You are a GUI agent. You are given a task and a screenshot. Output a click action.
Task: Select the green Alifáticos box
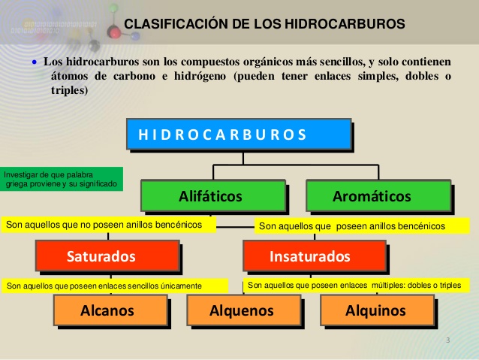point(212,197)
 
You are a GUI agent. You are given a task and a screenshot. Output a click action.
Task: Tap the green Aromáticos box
point(377,197)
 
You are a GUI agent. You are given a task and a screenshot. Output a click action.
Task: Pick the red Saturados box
point(107,256)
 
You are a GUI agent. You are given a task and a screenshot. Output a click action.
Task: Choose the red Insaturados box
point(315,256)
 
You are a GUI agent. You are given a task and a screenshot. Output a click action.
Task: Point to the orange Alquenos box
point(243,310)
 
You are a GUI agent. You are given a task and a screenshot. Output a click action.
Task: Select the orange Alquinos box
point(376,310)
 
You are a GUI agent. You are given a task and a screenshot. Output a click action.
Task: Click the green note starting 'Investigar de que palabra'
point(62,179)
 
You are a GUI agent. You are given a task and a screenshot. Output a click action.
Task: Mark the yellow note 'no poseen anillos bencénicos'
point(108,224)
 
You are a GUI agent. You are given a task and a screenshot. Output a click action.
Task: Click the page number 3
point(447,341)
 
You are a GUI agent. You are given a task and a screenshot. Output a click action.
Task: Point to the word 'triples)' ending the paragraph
point(70,91)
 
